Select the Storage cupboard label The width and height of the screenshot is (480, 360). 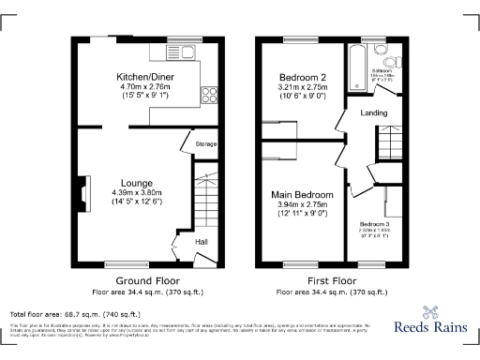coord(204,143)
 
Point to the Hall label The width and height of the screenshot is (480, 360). coord(202,242)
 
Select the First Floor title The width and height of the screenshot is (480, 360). coord(333,280)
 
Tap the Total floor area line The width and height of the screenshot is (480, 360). coord(75,313)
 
